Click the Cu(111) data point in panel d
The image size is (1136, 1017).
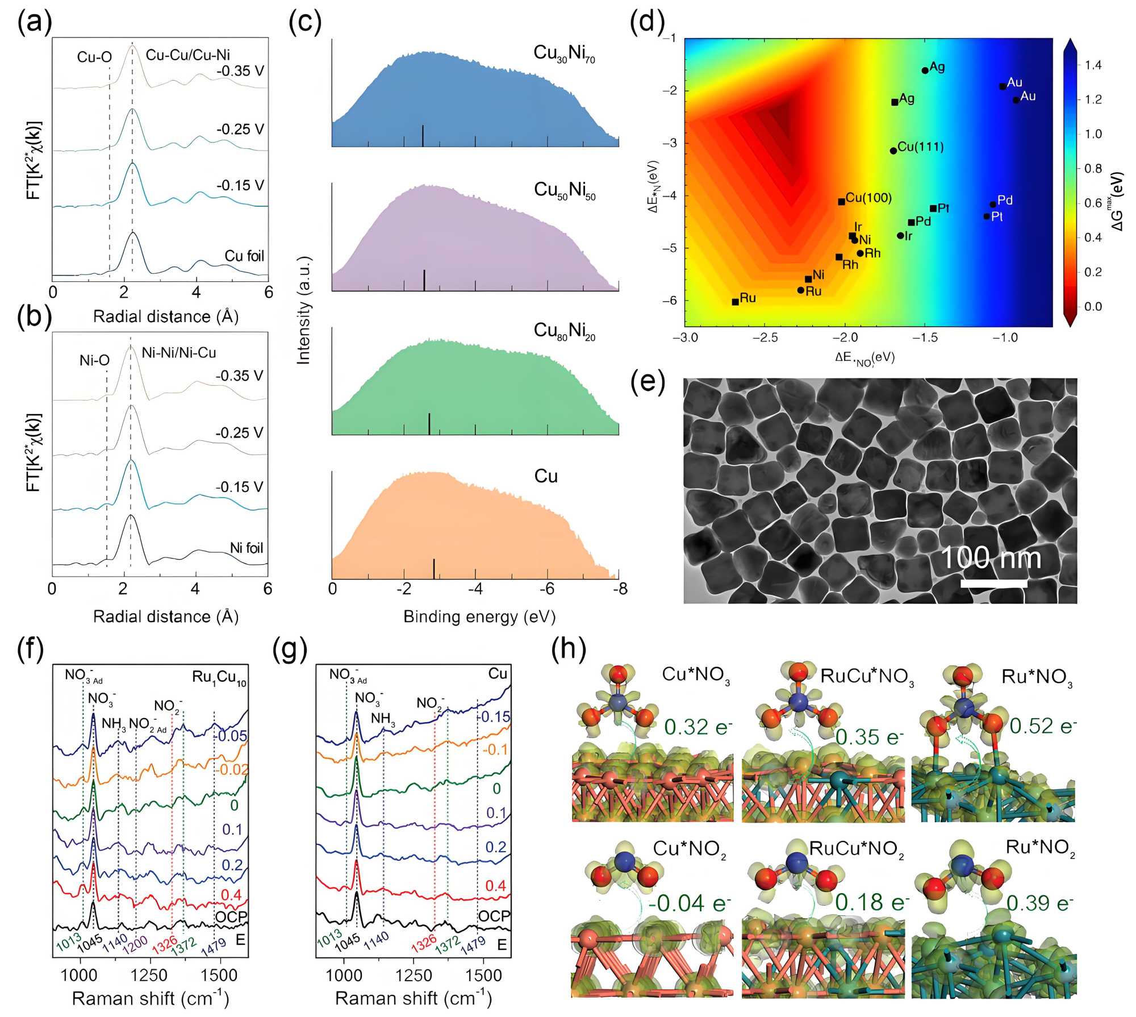click(x=893, y=151)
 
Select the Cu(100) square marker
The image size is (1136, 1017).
click(x=841, y=202)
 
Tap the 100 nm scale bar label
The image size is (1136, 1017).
click(x=991, y=557)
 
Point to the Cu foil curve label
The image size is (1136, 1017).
click(x=244, y=256)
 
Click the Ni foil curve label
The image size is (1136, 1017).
click(x=247, y=548)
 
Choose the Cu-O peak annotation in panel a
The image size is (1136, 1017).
click(x=94, y=57)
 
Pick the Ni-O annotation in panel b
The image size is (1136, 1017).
click(x=94, y=360)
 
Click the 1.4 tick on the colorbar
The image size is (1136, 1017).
click(x=1093, y=65)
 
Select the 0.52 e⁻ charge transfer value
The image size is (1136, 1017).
click(x=1043, y=726)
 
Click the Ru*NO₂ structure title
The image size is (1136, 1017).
click(x=1041, y=848)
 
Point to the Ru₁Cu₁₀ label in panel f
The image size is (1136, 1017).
click(x=219, y=677)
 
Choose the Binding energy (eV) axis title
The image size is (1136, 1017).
click(x=479, y=617)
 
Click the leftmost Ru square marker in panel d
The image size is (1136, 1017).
click(x=736, y=302)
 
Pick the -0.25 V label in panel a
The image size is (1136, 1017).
click(x=240, y=130)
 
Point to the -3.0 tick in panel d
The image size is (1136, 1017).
click(x=685, y=338)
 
